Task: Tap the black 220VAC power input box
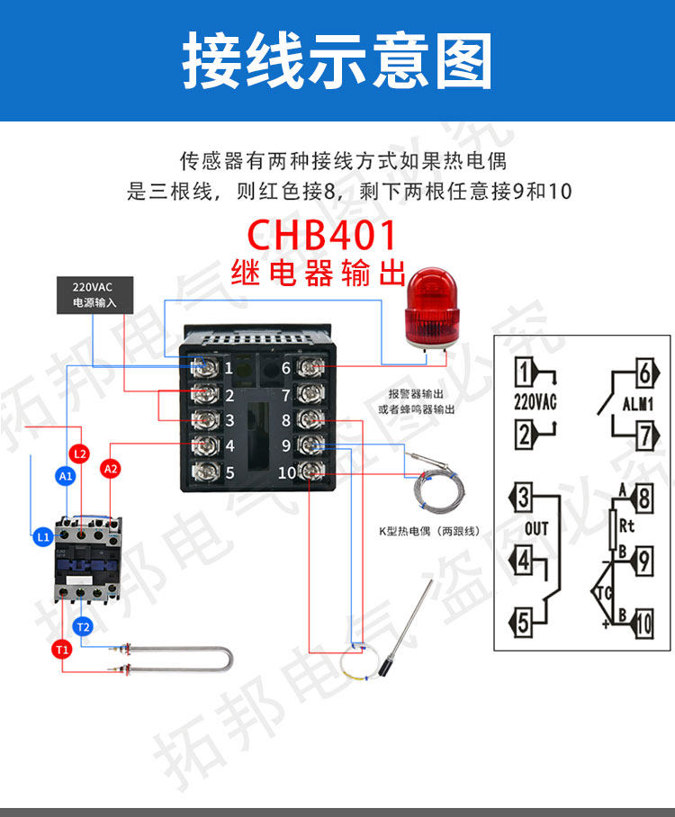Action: coord(94,295)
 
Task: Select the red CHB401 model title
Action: coord(321,235)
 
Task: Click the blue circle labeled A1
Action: coord(66,476)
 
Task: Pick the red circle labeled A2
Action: coord(111,469)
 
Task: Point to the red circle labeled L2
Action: coord(79,453)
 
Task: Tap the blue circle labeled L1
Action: coord(42,536)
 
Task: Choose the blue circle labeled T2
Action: coord(83,626)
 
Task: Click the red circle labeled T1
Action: coord(62,650)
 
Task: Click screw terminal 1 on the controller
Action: coord(205,367)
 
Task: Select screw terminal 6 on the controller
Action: coord(310,367)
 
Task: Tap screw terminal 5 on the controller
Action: coord(205,471)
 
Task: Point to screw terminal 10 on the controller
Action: coord(311,471)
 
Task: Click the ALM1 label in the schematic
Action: coord(637,404)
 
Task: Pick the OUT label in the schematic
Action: coord(536,529)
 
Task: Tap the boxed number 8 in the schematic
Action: coord(644,498)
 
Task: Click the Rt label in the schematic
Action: coord(626,525)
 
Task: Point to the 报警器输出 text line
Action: coord(416,394)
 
